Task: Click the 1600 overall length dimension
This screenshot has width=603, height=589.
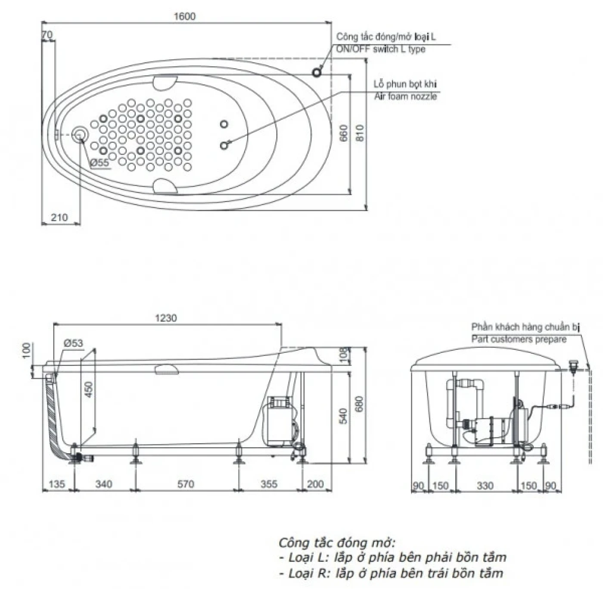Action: pyautogui.click(x=184, y=16)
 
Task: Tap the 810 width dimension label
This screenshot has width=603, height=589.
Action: pyautogui.click(x=360, y=133)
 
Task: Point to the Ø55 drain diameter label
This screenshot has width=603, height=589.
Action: pyautogui.click(x=99, y=162)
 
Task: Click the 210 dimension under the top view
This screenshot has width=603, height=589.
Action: pyautogui.click(x=59, y=217)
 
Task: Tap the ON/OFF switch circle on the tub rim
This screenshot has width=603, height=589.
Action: pyautogui.click(x=317, y=72)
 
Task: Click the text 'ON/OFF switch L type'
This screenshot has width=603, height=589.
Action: pyautogui.click(x=380, y=49)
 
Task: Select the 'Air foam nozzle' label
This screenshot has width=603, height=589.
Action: pyautogui.click(x=405, y=96)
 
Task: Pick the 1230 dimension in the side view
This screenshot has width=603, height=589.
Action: pyautogui.click(x=166, y=318)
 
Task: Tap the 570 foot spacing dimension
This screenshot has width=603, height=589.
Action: pyautogui.click(x=186, y=484)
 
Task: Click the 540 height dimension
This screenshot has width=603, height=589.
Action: pyautogui.click(x=343, y=416)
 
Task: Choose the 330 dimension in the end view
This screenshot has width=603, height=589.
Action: pyautogui.click(x=485, y=486)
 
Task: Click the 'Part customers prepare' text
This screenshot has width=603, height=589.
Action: pyautogui.click(x=519, y=339)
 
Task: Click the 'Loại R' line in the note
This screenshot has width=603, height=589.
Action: pyautogui.click(x=391, y=573)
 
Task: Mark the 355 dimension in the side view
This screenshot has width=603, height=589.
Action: pyautogui.click(x=269, y=484)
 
